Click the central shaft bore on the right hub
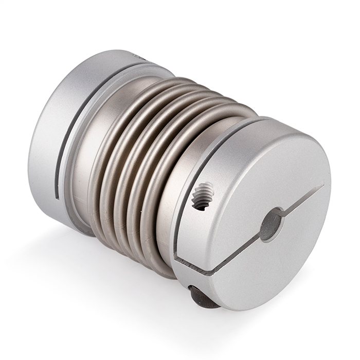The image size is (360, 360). click(x=271, y=224)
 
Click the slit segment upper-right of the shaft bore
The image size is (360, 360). click(x=303, y=197)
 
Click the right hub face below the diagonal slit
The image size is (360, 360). click(x=273, y=267)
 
